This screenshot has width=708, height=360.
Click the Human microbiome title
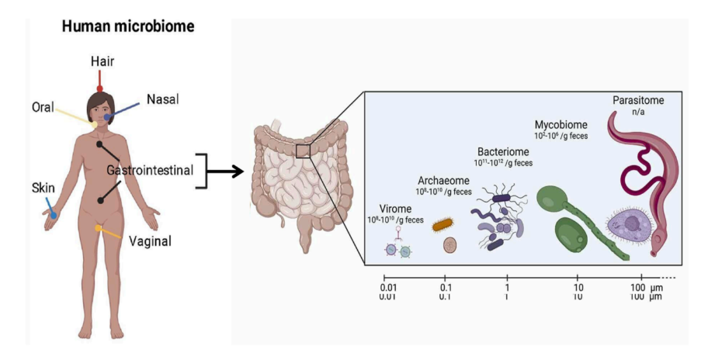128,26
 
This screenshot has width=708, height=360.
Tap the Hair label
102,61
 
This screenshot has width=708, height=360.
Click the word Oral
43,107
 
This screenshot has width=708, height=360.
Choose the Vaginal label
150,241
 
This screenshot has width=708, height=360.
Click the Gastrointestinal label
149,170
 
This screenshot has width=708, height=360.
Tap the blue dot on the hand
54,215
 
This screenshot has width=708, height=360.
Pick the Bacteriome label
503,152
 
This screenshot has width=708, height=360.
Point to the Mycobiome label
560,124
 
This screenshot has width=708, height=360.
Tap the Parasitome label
637,100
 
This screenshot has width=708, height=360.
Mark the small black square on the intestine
303,151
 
